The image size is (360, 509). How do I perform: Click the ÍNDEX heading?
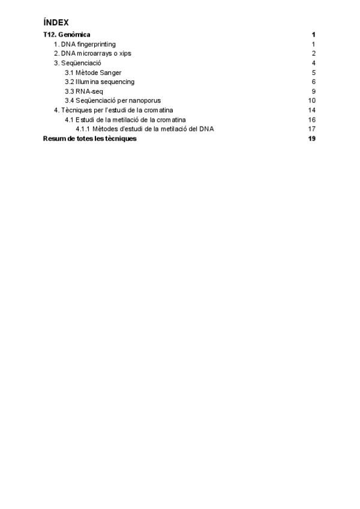pyautogui.click(x=56, y=22)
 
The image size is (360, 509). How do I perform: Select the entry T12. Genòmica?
pyautogui.click(x=67, y=35)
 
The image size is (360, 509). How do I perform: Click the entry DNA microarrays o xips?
pyautogui.click(x=92, y=53)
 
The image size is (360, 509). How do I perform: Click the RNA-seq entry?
pyautogui.click(x=82, y=91)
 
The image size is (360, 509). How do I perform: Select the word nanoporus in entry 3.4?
pyautogui.click(x=145, y=100)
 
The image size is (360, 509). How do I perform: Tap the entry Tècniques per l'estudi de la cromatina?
pyautogui.click(x=113, y=110)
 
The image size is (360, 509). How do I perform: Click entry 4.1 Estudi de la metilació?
pyautogui.click(x=130, y=119)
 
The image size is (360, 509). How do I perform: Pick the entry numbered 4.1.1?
pyautogui.click(x=145, y=129)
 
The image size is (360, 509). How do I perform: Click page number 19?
pyautogui.click(x=312, y=139)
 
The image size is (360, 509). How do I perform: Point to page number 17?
pyautogui.click(x=312, y=129)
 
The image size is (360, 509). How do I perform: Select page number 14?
pyautogui.click(x=312, y=110)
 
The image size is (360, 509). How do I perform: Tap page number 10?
pyautogui.click(x=312, y=100)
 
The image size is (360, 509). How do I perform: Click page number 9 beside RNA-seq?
pyautogui.click(x=314, y=91)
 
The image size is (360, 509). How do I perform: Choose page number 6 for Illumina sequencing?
pyautogui.click(x=314, y=82)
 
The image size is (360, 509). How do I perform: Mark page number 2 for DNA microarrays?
pyautogui.click(x=314, y=53)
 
